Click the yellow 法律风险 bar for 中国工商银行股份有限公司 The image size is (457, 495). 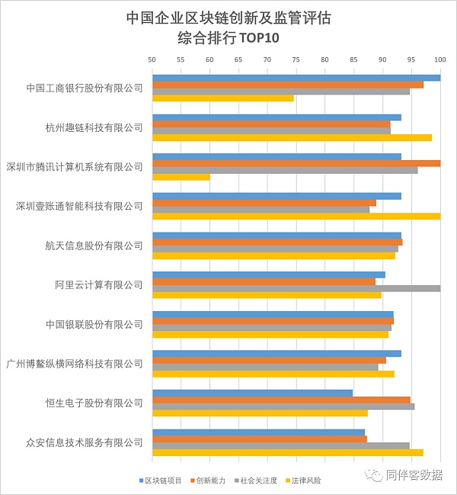tap(222, 98)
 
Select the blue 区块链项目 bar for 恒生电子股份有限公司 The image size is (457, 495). tap(252, 393)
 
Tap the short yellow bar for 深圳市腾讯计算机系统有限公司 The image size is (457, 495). tap(181, 177)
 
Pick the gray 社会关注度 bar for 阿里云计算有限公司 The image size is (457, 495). tap(296, 288)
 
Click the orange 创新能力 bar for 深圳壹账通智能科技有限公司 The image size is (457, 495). tap(264, 202)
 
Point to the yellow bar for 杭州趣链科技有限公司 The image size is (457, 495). tap(292, 137)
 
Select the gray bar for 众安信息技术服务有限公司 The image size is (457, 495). tap(280, 445)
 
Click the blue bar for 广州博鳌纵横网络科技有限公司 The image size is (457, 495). tap(276, 353)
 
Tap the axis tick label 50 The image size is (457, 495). tap(152, 59)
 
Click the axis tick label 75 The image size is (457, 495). tap(296, 59)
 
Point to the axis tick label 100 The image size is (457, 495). tap(439, 59)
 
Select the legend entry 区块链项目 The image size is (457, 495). tap(161, 480)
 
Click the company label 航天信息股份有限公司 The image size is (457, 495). tap(94, 246)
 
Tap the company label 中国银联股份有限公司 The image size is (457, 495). tap(94, 324)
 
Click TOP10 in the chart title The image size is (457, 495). tap(259, 37)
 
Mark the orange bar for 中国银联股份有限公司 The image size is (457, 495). tap(273, 321)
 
